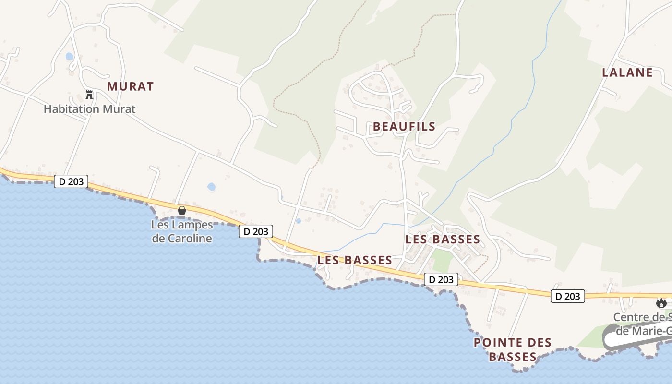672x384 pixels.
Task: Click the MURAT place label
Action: click(x=130, y=86)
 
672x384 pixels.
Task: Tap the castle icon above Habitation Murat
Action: click(x=89, y=95)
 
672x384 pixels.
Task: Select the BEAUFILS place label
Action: click(x=404, y=127)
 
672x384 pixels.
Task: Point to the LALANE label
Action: click(x=627, y=72)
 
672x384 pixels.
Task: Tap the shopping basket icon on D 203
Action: click(x=182, y=210)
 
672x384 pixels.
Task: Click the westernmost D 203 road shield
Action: click(x=71, y=181)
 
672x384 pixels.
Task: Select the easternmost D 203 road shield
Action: click(x=568, y=296)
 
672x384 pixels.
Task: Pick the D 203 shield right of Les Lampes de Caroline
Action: click(x=256, y=231)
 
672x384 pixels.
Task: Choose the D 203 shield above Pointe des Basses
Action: click(x=441, y=279)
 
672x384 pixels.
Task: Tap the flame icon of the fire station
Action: click(x=661, y=303)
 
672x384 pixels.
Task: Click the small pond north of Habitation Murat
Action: click(x=70, y=57)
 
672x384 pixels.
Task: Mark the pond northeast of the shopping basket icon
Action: click(x=211, y=186)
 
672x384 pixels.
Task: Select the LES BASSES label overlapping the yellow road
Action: click(x=355, y=260)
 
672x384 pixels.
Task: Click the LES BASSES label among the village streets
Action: click(x=443, y=239)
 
